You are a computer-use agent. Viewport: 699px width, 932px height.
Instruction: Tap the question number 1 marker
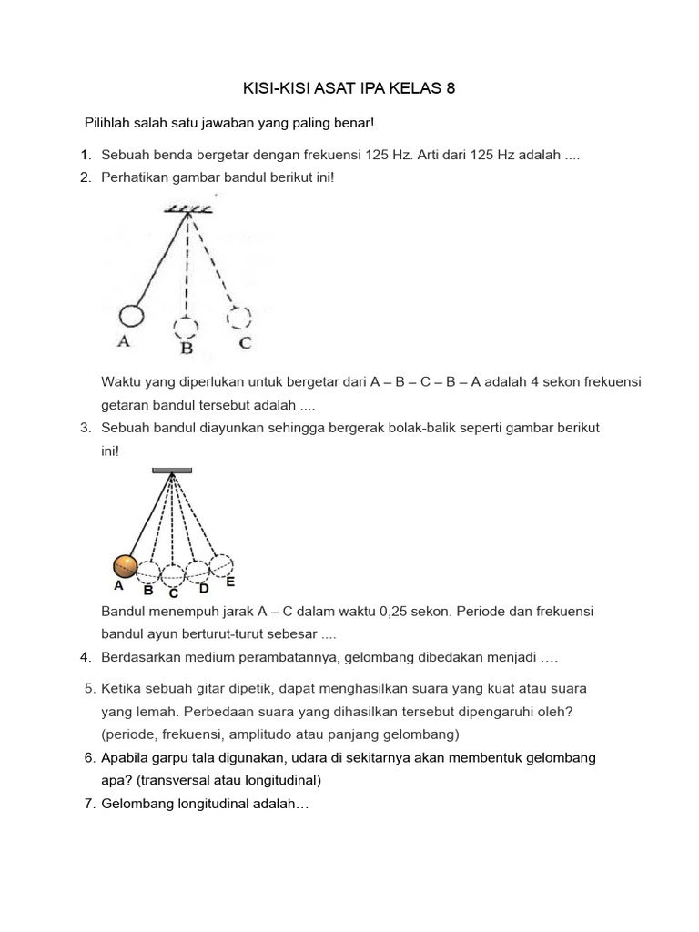tap(86, 156)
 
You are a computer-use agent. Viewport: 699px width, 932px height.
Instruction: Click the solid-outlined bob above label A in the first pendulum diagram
tap(131, 316)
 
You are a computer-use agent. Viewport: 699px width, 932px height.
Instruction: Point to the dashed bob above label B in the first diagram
tap(186, 328)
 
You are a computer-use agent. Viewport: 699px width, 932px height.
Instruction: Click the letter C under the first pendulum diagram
tap(244, 343)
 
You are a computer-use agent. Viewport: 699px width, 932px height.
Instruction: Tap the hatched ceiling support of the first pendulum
tap(188, 209)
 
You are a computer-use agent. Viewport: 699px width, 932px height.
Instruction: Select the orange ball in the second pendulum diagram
tap(125, 566)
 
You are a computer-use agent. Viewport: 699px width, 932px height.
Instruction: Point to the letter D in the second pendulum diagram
tap(203, 589)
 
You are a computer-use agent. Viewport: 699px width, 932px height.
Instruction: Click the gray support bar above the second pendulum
tap(172, 471)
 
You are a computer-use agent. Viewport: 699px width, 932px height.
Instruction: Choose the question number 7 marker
tap(89, 804)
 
